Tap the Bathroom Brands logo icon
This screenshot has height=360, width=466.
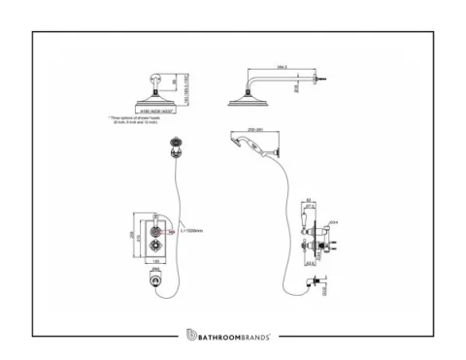[x=179, y=336]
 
